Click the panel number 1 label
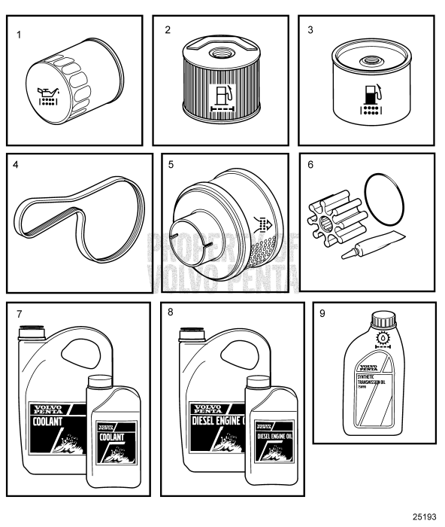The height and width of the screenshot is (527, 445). (20, 34)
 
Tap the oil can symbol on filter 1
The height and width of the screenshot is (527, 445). (48, 97)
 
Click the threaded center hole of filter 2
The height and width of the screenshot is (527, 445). (224, 55)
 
